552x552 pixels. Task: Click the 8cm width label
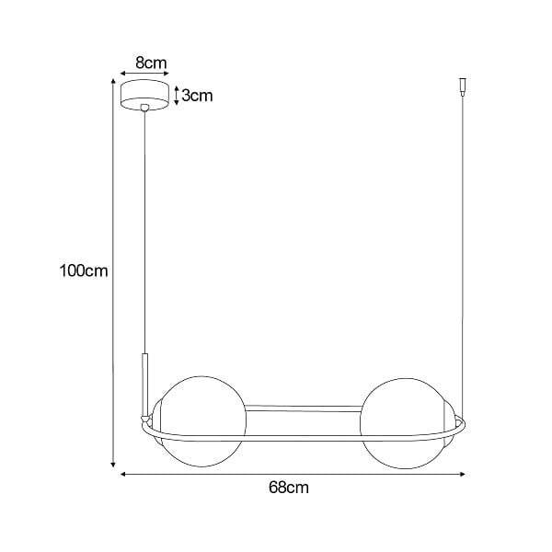tap(150, 63)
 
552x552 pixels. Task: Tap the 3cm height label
tap(198, 96)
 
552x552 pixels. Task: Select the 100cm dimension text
tap(83, 270)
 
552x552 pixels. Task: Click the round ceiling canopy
tap(146, 95)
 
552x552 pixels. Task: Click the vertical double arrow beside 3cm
tap(176, 96)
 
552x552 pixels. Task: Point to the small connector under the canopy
tap(144, 109)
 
